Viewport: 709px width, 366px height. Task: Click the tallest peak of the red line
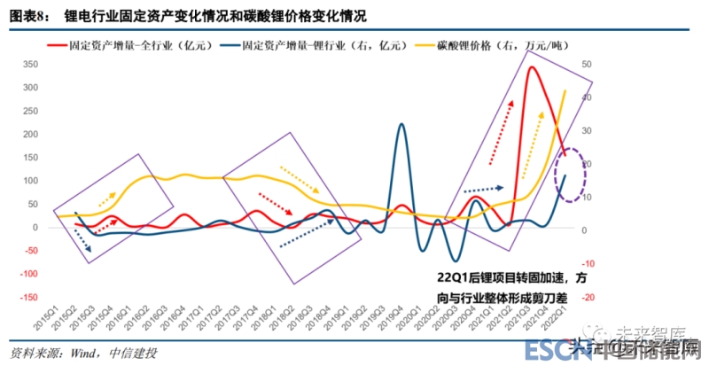[531, 67]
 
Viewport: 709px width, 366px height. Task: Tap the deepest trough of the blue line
[456, 261]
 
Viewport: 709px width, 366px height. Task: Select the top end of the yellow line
[565, 91]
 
